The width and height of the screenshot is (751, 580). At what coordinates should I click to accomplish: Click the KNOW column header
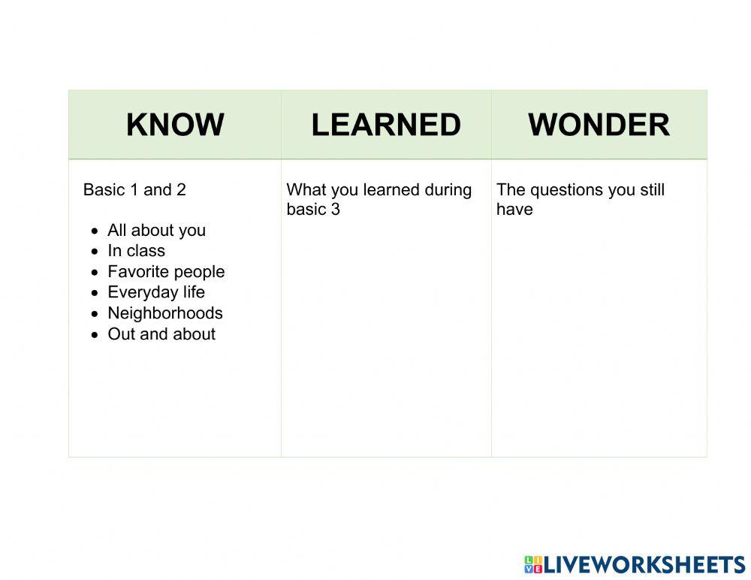175,125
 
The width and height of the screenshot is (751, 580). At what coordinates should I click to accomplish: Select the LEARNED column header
386,125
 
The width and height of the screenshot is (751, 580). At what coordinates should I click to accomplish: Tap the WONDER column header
599,125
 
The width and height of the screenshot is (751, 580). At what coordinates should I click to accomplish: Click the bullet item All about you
156,230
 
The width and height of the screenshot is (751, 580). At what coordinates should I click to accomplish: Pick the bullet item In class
136,251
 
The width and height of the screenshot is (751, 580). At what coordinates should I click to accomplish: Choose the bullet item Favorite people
166,271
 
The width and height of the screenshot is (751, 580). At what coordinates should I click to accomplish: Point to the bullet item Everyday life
156,292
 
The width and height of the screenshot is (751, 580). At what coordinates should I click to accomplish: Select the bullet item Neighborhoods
165,313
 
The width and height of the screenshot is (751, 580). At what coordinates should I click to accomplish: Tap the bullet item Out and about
161,334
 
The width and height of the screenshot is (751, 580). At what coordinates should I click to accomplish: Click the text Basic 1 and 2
134,189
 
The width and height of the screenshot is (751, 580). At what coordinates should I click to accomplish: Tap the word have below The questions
514,209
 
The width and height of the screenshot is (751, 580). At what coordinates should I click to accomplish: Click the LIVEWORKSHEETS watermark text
644,565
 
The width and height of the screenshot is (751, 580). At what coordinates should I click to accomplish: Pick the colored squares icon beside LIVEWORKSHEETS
533,565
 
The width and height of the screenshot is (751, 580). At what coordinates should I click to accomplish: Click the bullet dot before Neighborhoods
95,313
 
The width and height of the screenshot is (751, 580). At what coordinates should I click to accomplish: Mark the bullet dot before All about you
95,231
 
